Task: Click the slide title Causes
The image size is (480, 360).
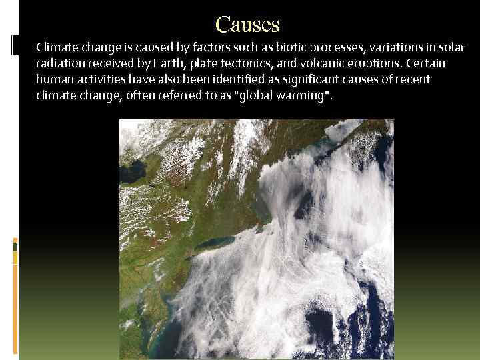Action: point(248,25)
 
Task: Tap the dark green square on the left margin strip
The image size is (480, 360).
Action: point(15,245)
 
